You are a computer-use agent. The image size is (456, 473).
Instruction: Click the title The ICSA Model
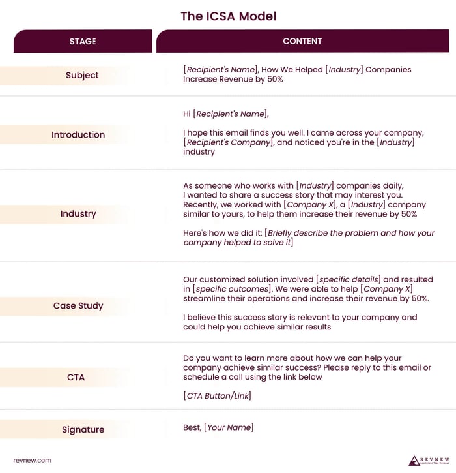pyautogui.click(x=228, y=16)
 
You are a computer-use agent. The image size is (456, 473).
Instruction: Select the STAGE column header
pyautogui.click(x=83, y=41)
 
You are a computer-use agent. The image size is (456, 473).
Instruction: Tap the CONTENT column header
pyautogui.click(x=302, y=41)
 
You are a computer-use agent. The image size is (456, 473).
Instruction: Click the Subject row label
pyautogui.click(x=82, y=75)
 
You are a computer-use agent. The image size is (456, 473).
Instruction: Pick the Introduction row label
pyautogui.click(x=78, y=135)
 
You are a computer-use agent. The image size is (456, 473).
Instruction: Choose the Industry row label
pyautogui.click(x=78, y=214)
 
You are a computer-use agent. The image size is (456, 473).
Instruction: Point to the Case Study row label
pyautogui.click(x=78, y=305)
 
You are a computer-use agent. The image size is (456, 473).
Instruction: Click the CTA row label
pyautogui.click(x=76, y=377)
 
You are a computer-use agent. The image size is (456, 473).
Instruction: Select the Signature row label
pyautogui.click(x=83, y=429)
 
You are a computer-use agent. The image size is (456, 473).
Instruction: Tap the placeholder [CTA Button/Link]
pyautogui.click(x=218, y=396)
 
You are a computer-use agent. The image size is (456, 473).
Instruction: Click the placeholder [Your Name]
pyautogui.click(x=229, y=427)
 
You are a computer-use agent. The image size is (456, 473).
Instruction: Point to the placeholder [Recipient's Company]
pyautogui.click(x=227, y=142)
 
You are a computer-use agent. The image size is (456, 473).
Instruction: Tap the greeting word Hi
pyautogui.click(x=188, y=114)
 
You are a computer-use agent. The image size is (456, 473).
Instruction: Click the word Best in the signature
pyautogui.click(x=192, y=427)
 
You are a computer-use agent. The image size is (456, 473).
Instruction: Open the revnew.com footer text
pyautogui.click(x=32, y=460)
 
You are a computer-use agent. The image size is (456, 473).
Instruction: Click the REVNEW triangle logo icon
pyautogui.click(x=414, y=460)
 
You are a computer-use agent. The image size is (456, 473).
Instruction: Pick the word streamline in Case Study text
pyautogui.click(x=207, y=299)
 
